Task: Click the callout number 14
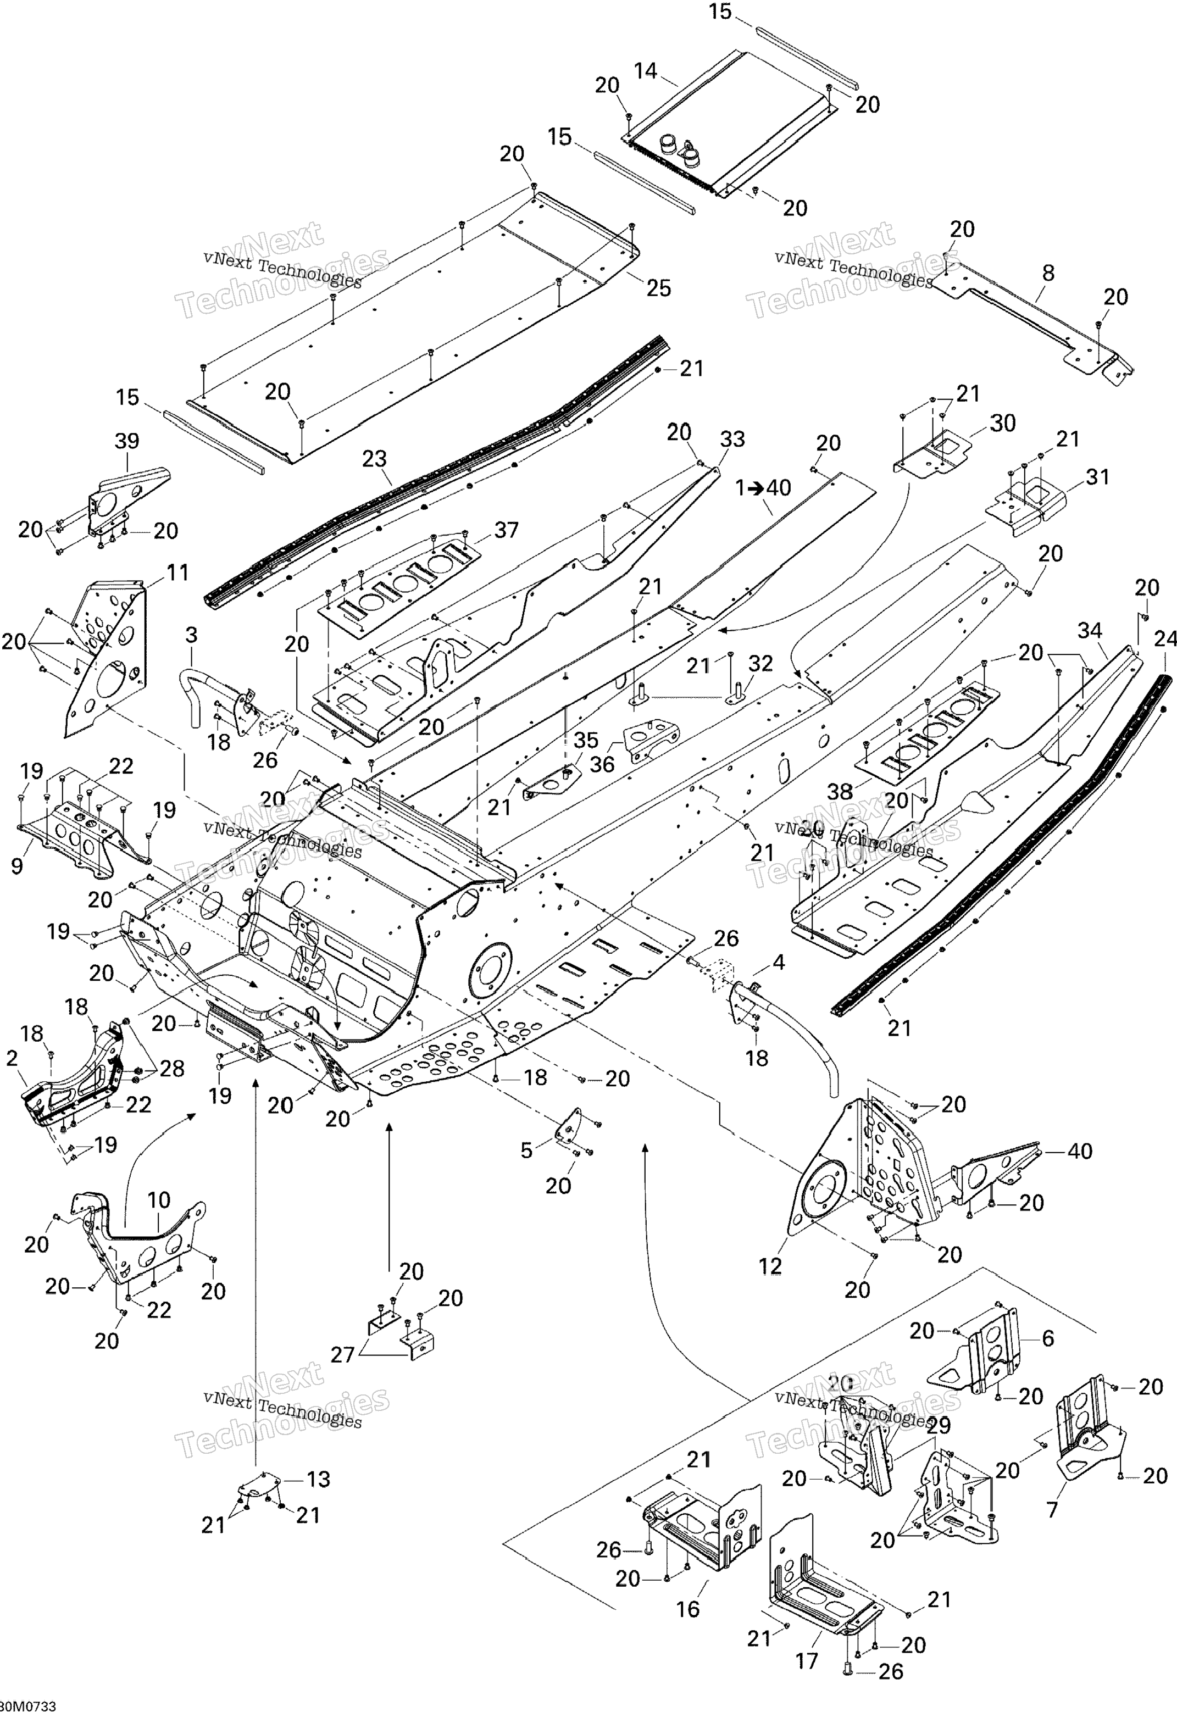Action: [x=645, y=71]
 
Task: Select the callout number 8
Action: [x=1048, y=273]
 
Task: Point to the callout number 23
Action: [x=374, y=459]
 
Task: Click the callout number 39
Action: [x=127, y=441]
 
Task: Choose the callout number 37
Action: [x=506, y=530]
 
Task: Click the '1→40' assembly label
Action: [x=763, y=487]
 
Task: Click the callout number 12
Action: [x=770, y=1266]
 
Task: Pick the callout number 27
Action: [x=343, y=1354]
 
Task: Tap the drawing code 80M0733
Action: [x=28, y=1705]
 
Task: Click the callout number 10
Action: [x=159, y=1199]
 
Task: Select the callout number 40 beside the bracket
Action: [x=1080, y=1151]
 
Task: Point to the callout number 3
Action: [x=191, y=634]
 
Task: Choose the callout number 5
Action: [x=526, y=1151]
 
